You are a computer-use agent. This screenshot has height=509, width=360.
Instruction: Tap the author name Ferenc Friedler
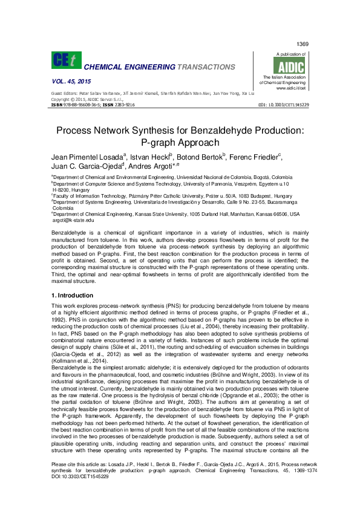(256, 157)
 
